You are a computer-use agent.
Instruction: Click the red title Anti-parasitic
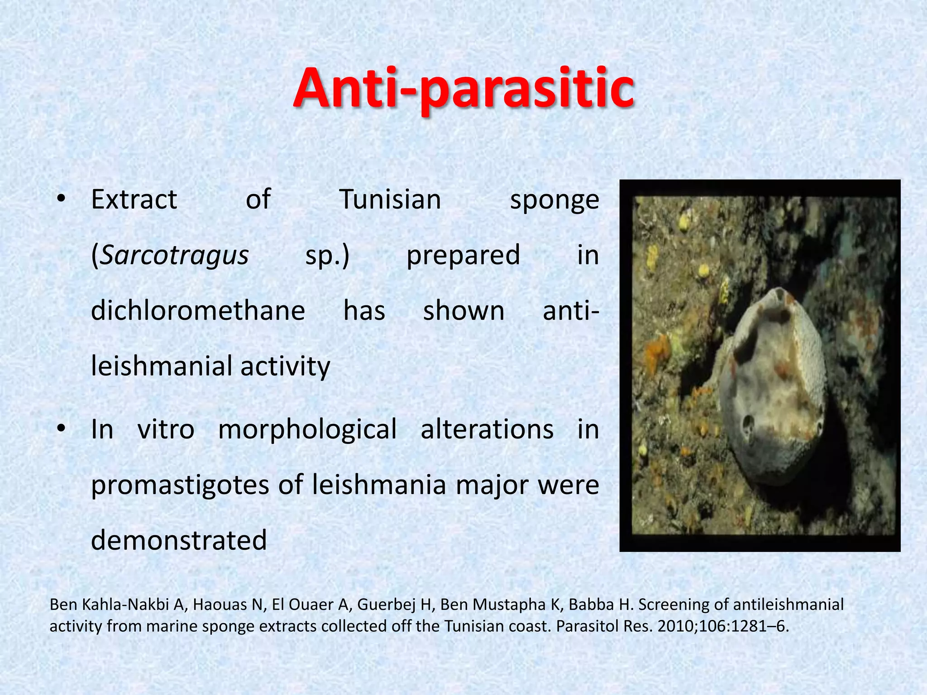click(463, 89)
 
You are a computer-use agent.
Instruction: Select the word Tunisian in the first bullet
click(390, 200)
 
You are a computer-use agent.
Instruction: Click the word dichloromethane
click(198, 311)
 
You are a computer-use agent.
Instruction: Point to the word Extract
click(134, 200)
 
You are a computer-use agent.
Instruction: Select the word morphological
click(307, 429)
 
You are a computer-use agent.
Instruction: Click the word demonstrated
click(179, 541)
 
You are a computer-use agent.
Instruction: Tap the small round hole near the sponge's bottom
click(747, 424)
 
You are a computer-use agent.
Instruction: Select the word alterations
click(487, 429)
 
